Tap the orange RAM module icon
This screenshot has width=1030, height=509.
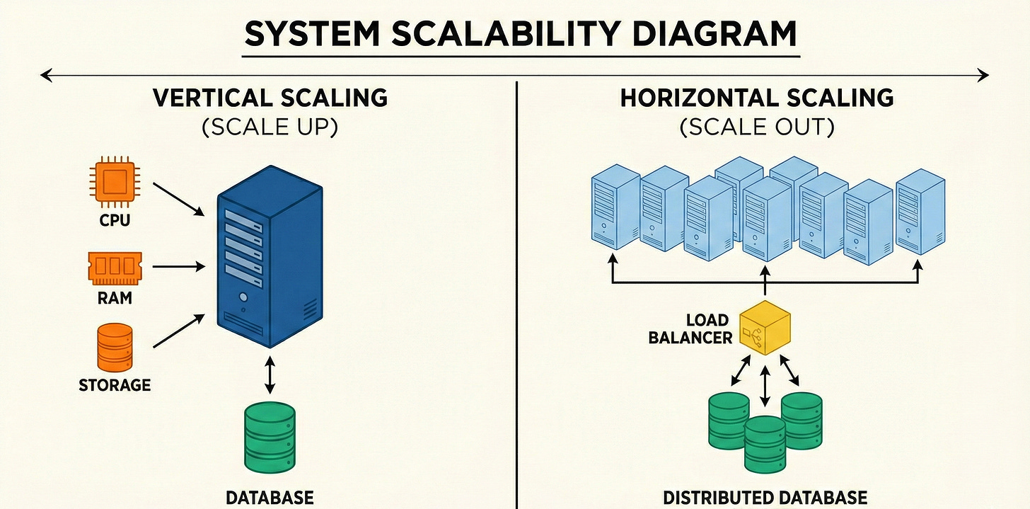(x=115, y=267)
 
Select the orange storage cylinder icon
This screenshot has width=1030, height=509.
(x=115, y=348)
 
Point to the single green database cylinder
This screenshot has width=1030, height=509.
(x=269, y=437)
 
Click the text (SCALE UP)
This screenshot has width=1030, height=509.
(x=269, y=127)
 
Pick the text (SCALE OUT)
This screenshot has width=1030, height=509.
(x=757, y=127)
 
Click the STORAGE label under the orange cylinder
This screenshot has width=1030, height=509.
(x=115, y=385)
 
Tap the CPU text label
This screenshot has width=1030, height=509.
(x=115, y=220)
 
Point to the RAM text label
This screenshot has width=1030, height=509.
(x=115, y=298)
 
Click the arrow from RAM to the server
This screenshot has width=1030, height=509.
(x=178, y=267)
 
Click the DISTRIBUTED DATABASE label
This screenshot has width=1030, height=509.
(x=765, y=497)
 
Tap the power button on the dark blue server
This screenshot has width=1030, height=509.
(x=243, y=298)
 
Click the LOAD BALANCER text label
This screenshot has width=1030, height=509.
(x=691, y=329)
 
